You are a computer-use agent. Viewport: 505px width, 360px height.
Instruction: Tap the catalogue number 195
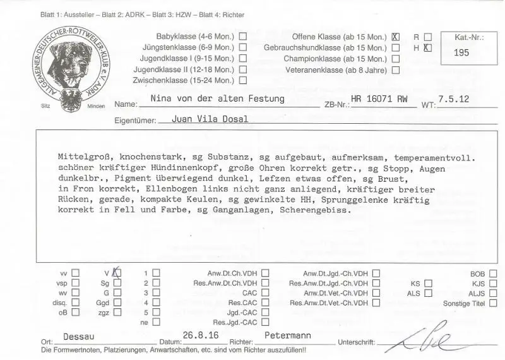click(x=461, y=53)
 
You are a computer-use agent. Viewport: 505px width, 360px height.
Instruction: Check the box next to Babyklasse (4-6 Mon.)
click(x=243, y=37)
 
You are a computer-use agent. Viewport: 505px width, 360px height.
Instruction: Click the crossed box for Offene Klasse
click(x=396, y=37)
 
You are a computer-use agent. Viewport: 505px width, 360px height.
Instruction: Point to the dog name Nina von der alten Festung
click(x=217, y=99)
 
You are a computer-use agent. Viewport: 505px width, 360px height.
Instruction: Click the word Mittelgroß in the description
click(x=80, y=158)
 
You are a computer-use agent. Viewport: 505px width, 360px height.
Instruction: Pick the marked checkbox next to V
click(x=117, y=273)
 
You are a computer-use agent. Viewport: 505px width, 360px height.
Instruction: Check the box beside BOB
click(x=493, y=274)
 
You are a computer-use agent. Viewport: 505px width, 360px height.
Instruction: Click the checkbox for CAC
click(x=265, y=294)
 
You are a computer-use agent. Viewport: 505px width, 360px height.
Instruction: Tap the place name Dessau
click(x=80, y=337)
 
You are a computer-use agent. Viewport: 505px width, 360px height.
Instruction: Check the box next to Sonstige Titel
click(x=493, y=304)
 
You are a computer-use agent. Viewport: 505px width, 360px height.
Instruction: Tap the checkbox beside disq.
click(x=76, y=303)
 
